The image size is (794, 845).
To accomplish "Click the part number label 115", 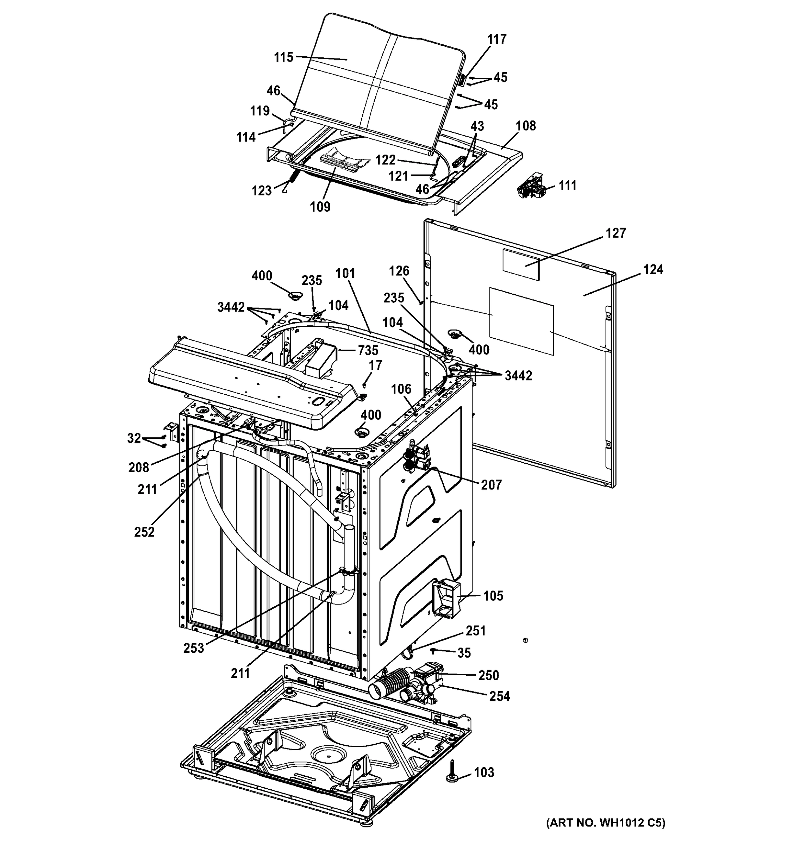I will click(x=283, y=57).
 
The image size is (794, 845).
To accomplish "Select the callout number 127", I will click(x=616, y=233).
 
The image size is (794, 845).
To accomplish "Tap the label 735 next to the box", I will click(x=368, y=350).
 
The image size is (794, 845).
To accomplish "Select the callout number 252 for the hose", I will click(x=144, y=532).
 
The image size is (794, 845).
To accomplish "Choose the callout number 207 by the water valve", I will click(x=491, y=484).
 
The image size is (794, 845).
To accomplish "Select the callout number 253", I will click(x=194, y=648).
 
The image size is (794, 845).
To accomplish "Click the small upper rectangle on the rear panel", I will click(x=521, y=264).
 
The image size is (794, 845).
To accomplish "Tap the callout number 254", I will click(x=499, y=696).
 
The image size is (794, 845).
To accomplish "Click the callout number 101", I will click(x=345, y=273).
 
